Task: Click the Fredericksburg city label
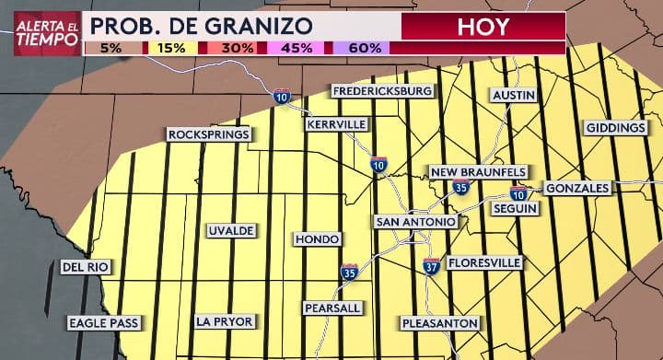tap(382, 91)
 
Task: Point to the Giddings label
tap(615, 127)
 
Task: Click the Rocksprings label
tap(209, 134)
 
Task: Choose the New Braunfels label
tap(479, 172)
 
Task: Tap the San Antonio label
tap(415, 222)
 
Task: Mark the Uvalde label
tap(230, 230)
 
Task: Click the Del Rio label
tap(86, 267)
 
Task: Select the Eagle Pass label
tap(104, 322)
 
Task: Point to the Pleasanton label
tap(440, 322)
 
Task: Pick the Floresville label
tap(484, 263)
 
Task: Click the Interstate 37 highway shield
tap(431, 267)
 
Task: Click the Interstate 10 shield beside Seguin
tap(519, 193)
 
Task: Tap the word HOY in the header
tap(483, 26)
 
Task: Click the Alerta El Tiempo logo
tap(45, 33)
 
